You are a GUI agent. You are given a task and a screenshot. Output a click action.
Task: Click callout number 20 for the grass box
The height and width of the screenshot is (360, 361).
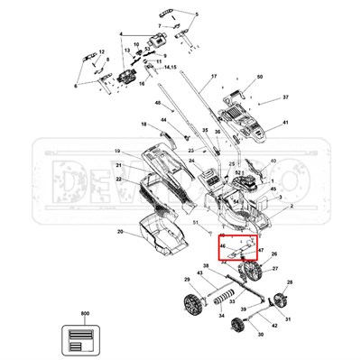point(119,233)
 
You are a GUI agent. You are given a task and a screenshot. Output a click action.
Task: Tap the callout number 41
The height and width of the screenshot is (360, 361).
point(285,123)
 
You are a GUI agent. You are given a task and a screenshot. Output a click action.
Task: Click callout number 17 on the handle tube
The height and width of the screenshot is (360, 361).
point(214,76)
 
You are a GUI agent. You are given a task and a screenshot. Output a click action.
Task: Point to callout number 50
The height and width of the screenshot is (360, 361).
point(259,78)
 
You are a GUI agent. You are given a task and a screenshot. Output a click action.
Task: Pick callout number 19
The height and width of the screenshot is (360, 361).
point(117,151)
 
